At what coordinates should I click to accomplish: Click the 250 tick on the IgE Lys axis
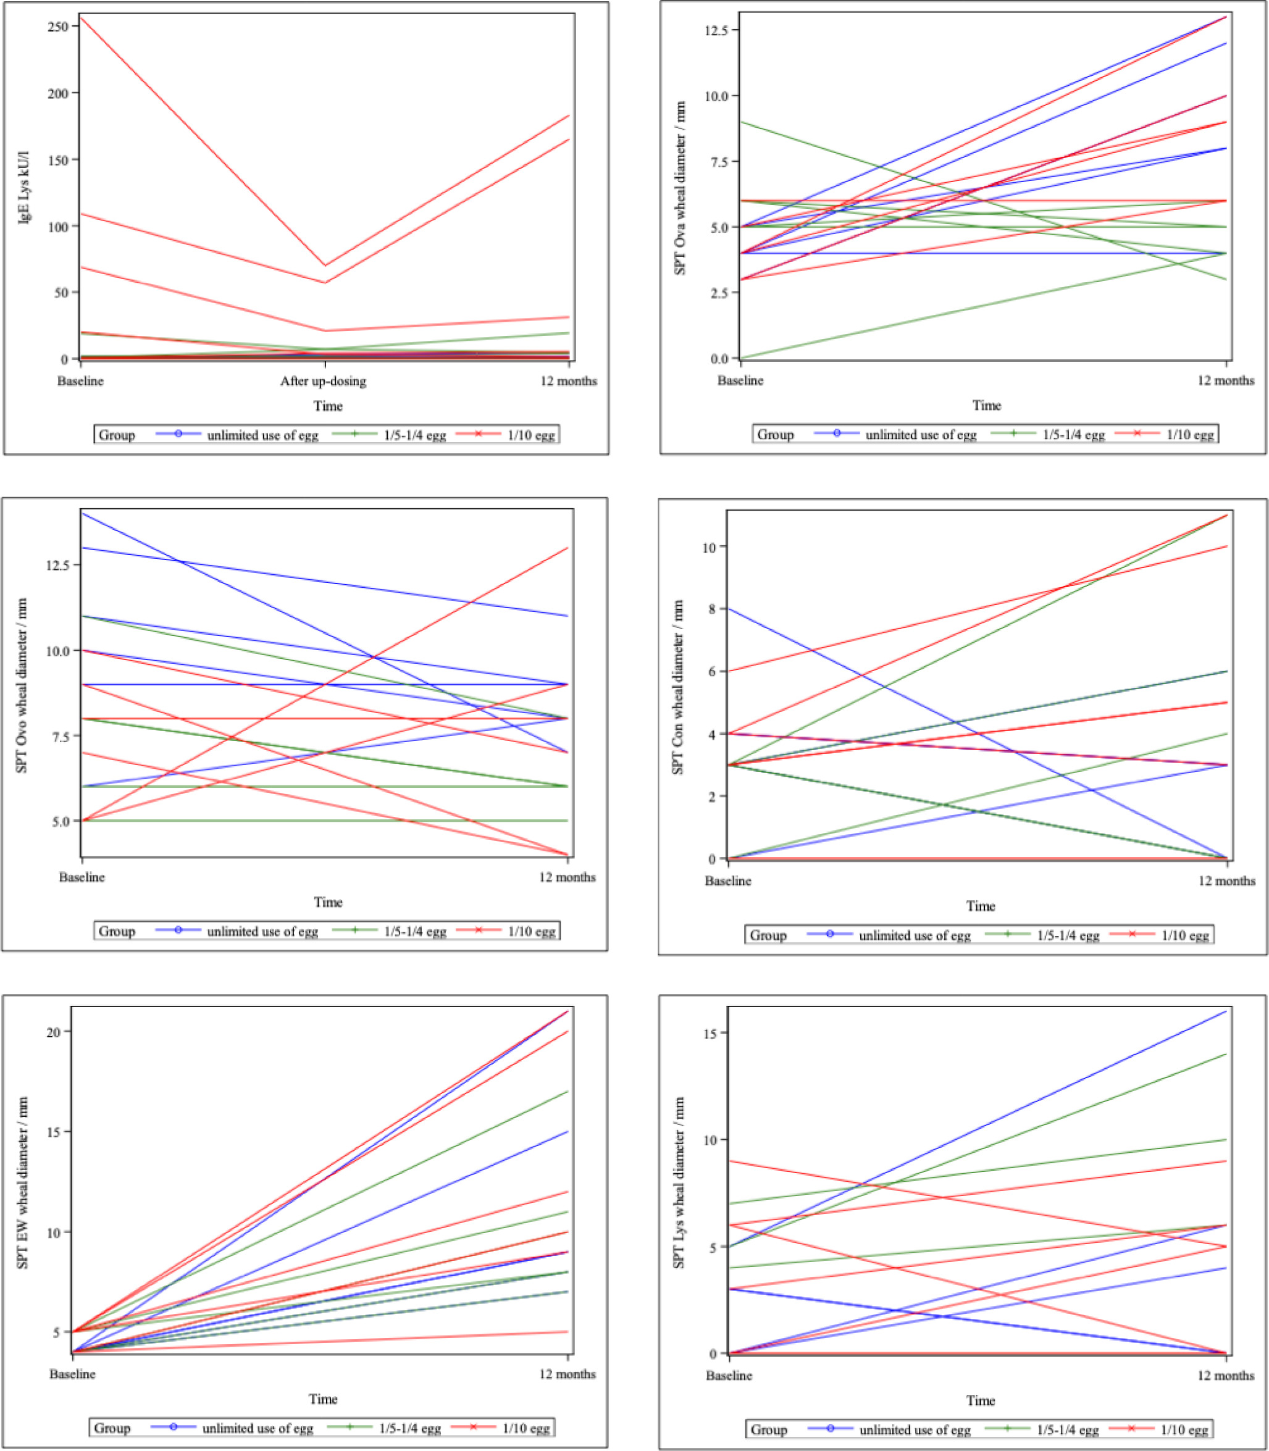(58, 27)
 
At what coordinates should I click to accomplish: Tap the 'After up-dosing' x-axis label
(323, 381)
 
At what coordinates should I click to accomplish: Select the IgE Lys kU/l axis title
(24, 187)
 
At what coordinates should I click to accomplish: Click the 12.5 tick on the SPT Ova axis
(716, 30)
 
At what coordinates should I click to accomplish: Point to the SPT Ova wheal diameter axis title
(680, 188)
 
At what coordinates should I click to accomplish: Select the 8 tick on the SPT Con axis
(711, 609)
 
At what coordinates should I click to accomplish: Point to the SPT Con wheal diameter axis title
(677, 687)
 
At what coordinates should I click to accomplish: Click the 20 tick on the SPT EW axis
(54, 1032)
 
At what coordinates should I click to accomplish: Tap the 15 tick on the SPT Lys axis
(710, 1033)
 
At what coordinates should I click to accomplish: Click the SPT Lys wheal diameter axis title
(679, 1182)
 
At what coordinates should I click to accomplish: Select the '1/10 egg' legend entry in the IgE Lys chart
(531, 435)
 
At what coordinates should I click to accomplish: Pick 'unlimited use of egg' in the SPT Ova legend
(921, 434)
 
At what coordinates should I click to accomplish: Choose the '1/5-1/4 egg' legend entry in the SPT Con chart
(1068, 935)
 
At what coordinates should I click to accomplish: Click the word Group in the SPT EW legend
(112, 1428)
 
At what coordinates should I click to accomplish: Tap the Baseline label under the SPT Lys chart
(729, 1375)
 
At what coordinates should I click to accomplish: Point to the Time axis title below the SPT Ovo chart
(328, 902)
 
